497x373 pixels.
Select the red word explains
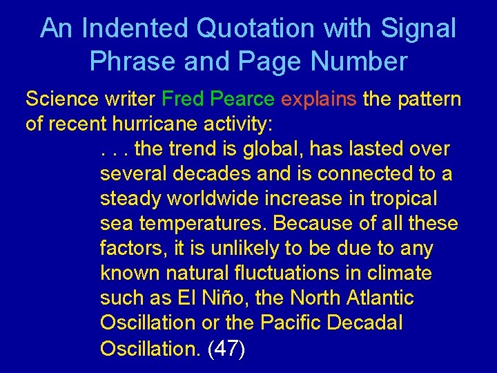click(x=318, y=99)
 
